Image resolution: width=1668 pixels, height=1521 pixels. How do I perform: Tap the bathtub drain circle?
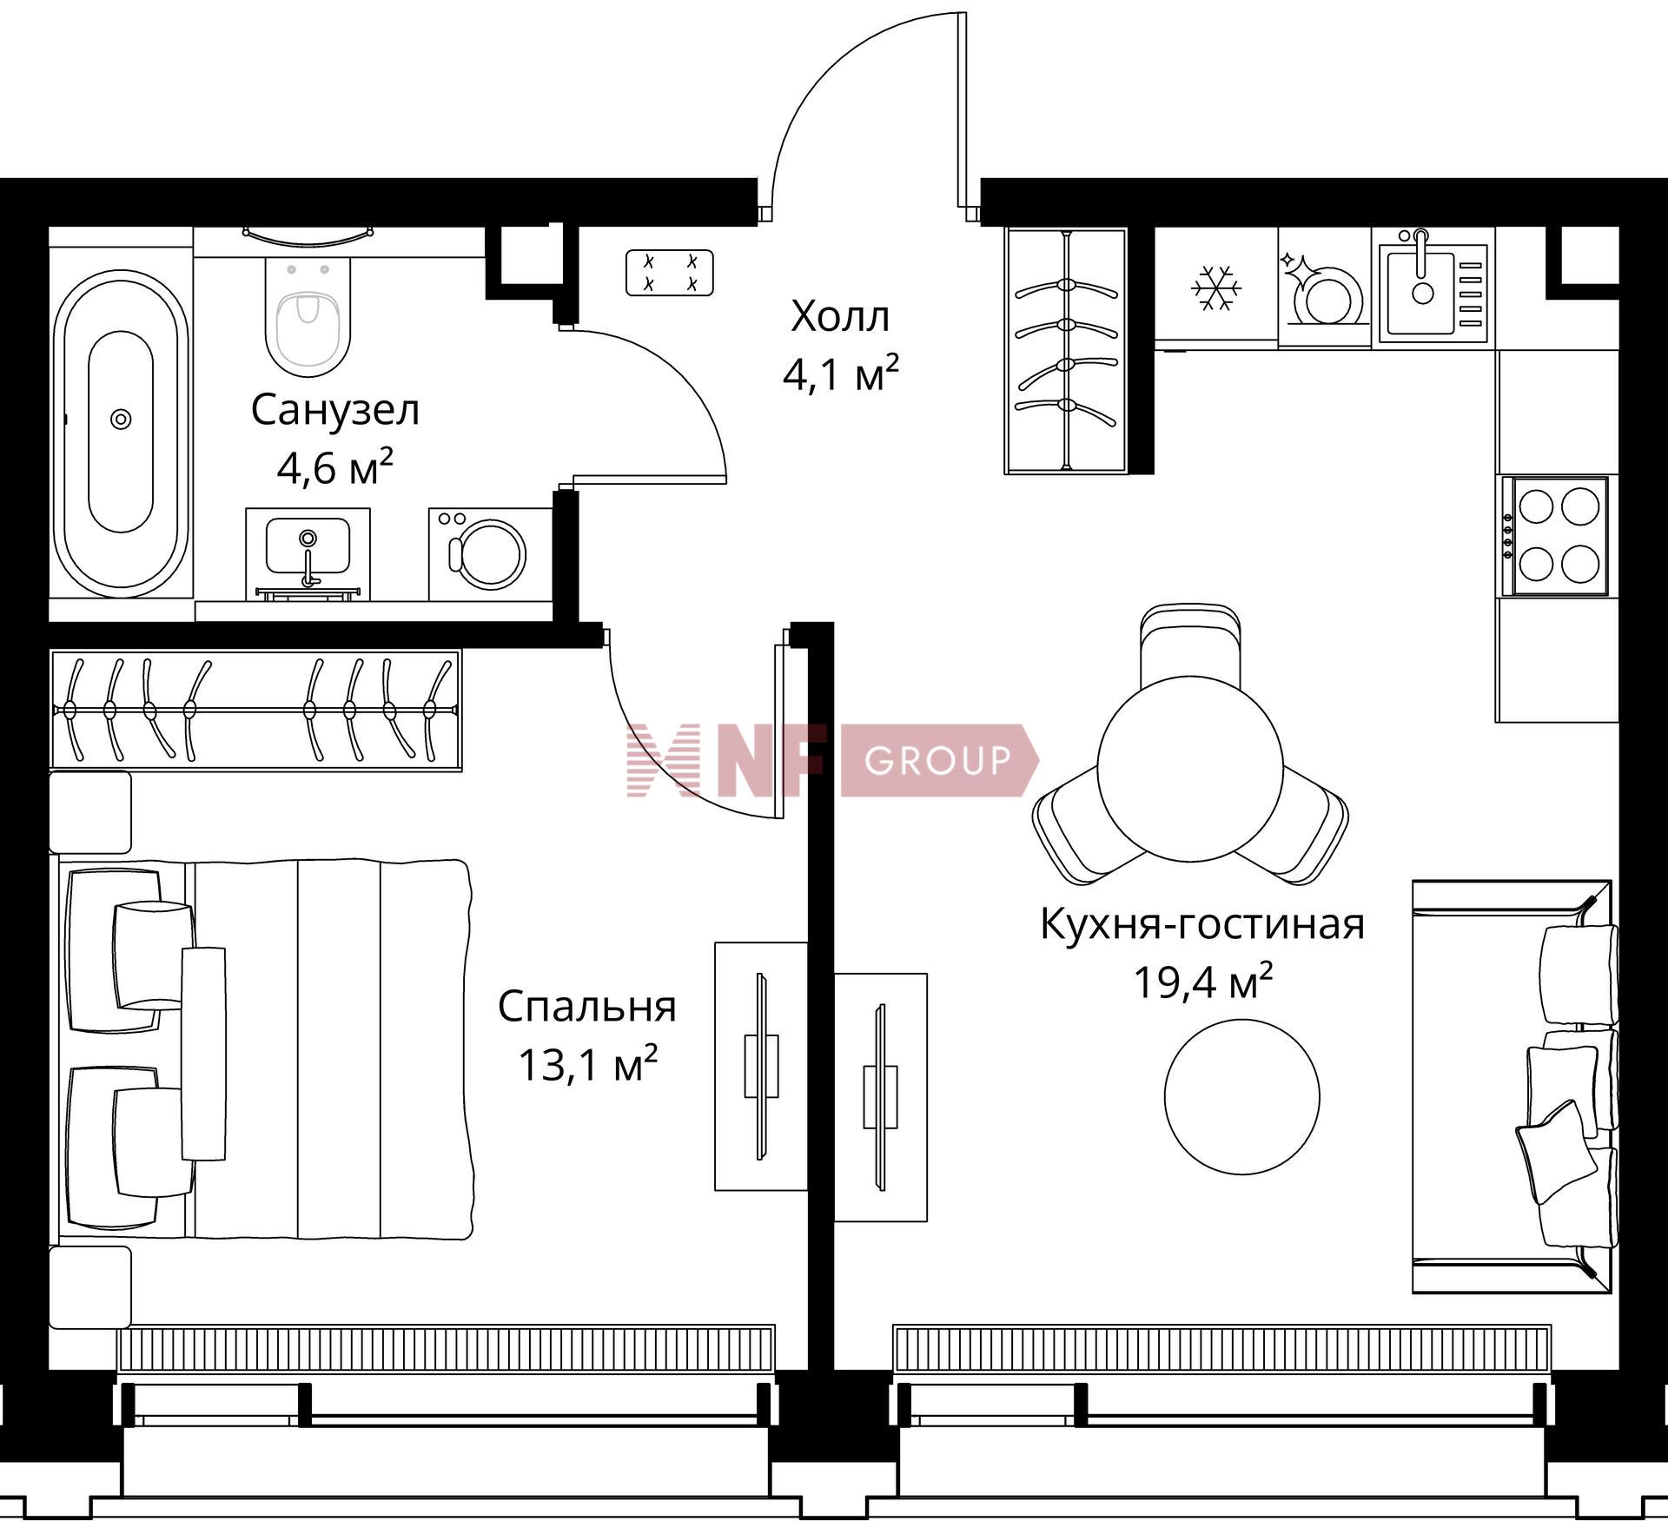(x=121, y=420)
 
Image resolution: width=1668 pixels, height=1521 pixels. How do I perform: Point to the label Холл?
(x=840, y=316)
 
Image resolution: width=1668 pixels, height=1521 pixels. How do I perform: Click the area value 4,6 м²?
(x=335, y=468)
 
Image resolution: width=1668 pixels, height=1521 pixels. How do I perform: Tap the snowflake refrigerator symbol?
(x=1216, y=288)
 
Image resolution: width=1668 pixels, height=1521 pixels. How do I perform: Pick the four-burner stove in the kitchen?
(x=1560, y=536)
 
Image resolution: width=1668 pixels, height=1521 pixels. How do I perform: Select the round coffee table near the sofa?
(x=1241, y=1096)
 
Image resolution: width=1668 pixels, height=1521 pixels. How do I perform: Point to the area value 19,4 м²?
(x=1202, y=982)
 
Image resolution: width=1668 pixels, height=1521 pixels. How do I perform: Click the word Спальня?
(x=586, y=1006)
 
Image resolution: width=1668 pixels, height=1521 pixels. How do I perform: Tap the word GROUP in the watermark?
(x=938, y=760)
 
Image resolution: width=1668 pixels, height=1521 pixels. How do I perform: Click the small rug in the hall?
(x=670, y=272)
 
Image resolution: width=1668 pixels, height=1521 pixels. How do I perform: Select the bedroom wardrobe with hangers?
(x=255, y=710)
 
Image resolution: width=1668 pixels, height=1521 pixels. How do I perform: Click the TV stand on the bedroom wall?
(x=761, y=1066)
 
